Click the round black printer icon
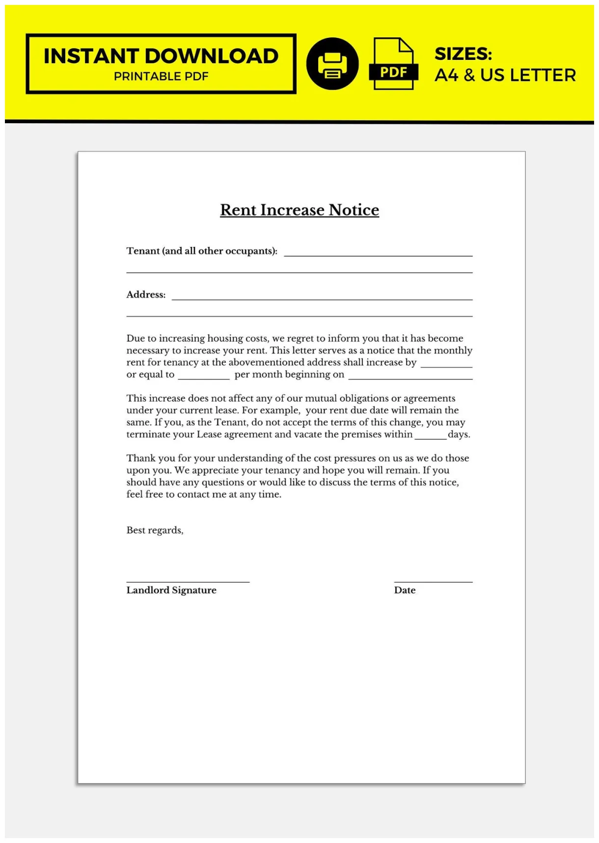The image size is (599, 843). (332, 64)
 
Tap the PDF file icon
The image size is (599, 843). (393, 64)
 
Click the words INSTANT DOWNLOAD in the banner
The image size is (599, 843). (161, 56)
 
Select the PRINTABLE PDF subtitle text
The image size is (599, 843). (161, 77)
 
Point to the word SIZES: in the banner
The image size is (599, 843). (463, 54)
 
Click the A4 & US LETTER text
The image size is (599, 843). (505, 75)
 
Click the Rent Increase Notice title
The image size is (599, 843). (299, 210)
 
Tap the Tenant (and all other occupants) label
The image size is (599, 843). (202, 251)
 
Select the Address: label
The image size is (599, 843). (146, 295)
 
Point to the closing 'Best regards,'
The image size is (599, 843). (155, 530)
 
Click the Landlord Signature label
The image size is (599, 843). (171, 590)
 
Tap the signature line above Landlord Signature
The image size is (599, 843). (188, 581)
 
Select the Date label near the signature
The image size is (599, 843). (405, 590)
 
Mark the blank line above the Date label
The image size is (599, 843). (433, 581)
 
